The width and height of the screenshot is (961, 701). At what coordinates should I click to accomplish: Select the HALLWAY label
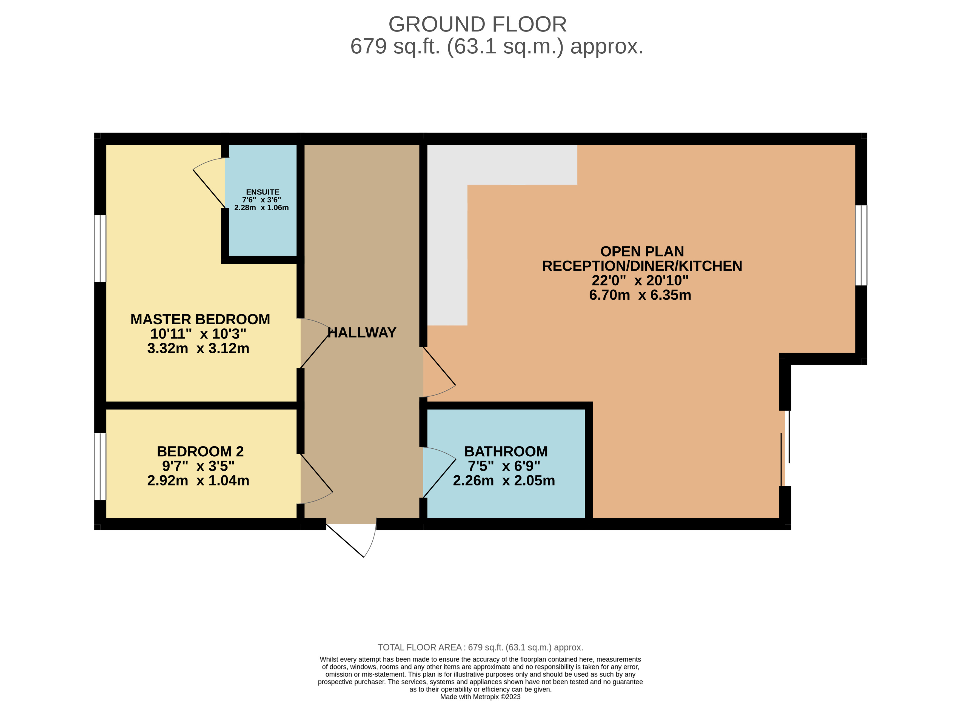362,333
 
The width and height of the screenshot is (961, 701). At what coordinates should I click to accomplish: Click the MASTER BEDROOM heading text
200,319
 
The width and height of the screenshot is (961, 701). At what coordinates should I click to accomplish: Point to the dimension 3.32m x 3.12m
198,348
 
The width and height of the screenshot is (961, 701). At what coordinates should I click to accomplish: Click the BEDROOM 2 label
200,451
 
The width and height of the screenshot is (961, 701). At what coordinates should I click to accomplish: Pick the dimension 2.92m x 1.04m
198,480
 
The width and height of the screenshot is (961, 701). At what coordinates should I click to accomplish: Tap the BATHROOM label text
506,451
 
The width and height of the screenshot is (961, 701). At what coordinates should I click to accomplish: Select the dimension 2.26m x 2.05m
504,480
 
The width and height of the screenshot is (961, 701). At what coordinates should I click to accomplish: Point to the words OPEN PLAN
642,251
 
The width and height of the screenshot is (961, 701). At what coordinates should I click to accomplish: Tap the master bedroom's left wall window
100,249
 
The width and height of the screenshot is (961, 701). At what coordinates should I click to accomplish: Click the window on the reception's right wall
861,245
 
